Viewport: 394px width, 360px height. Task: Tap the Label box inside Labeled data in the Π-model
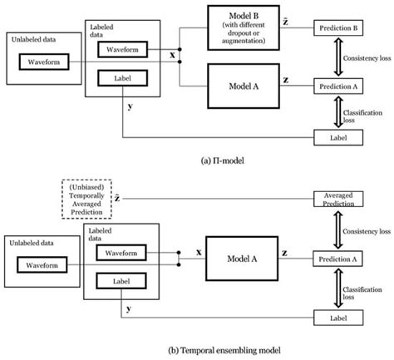point(122,79)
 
